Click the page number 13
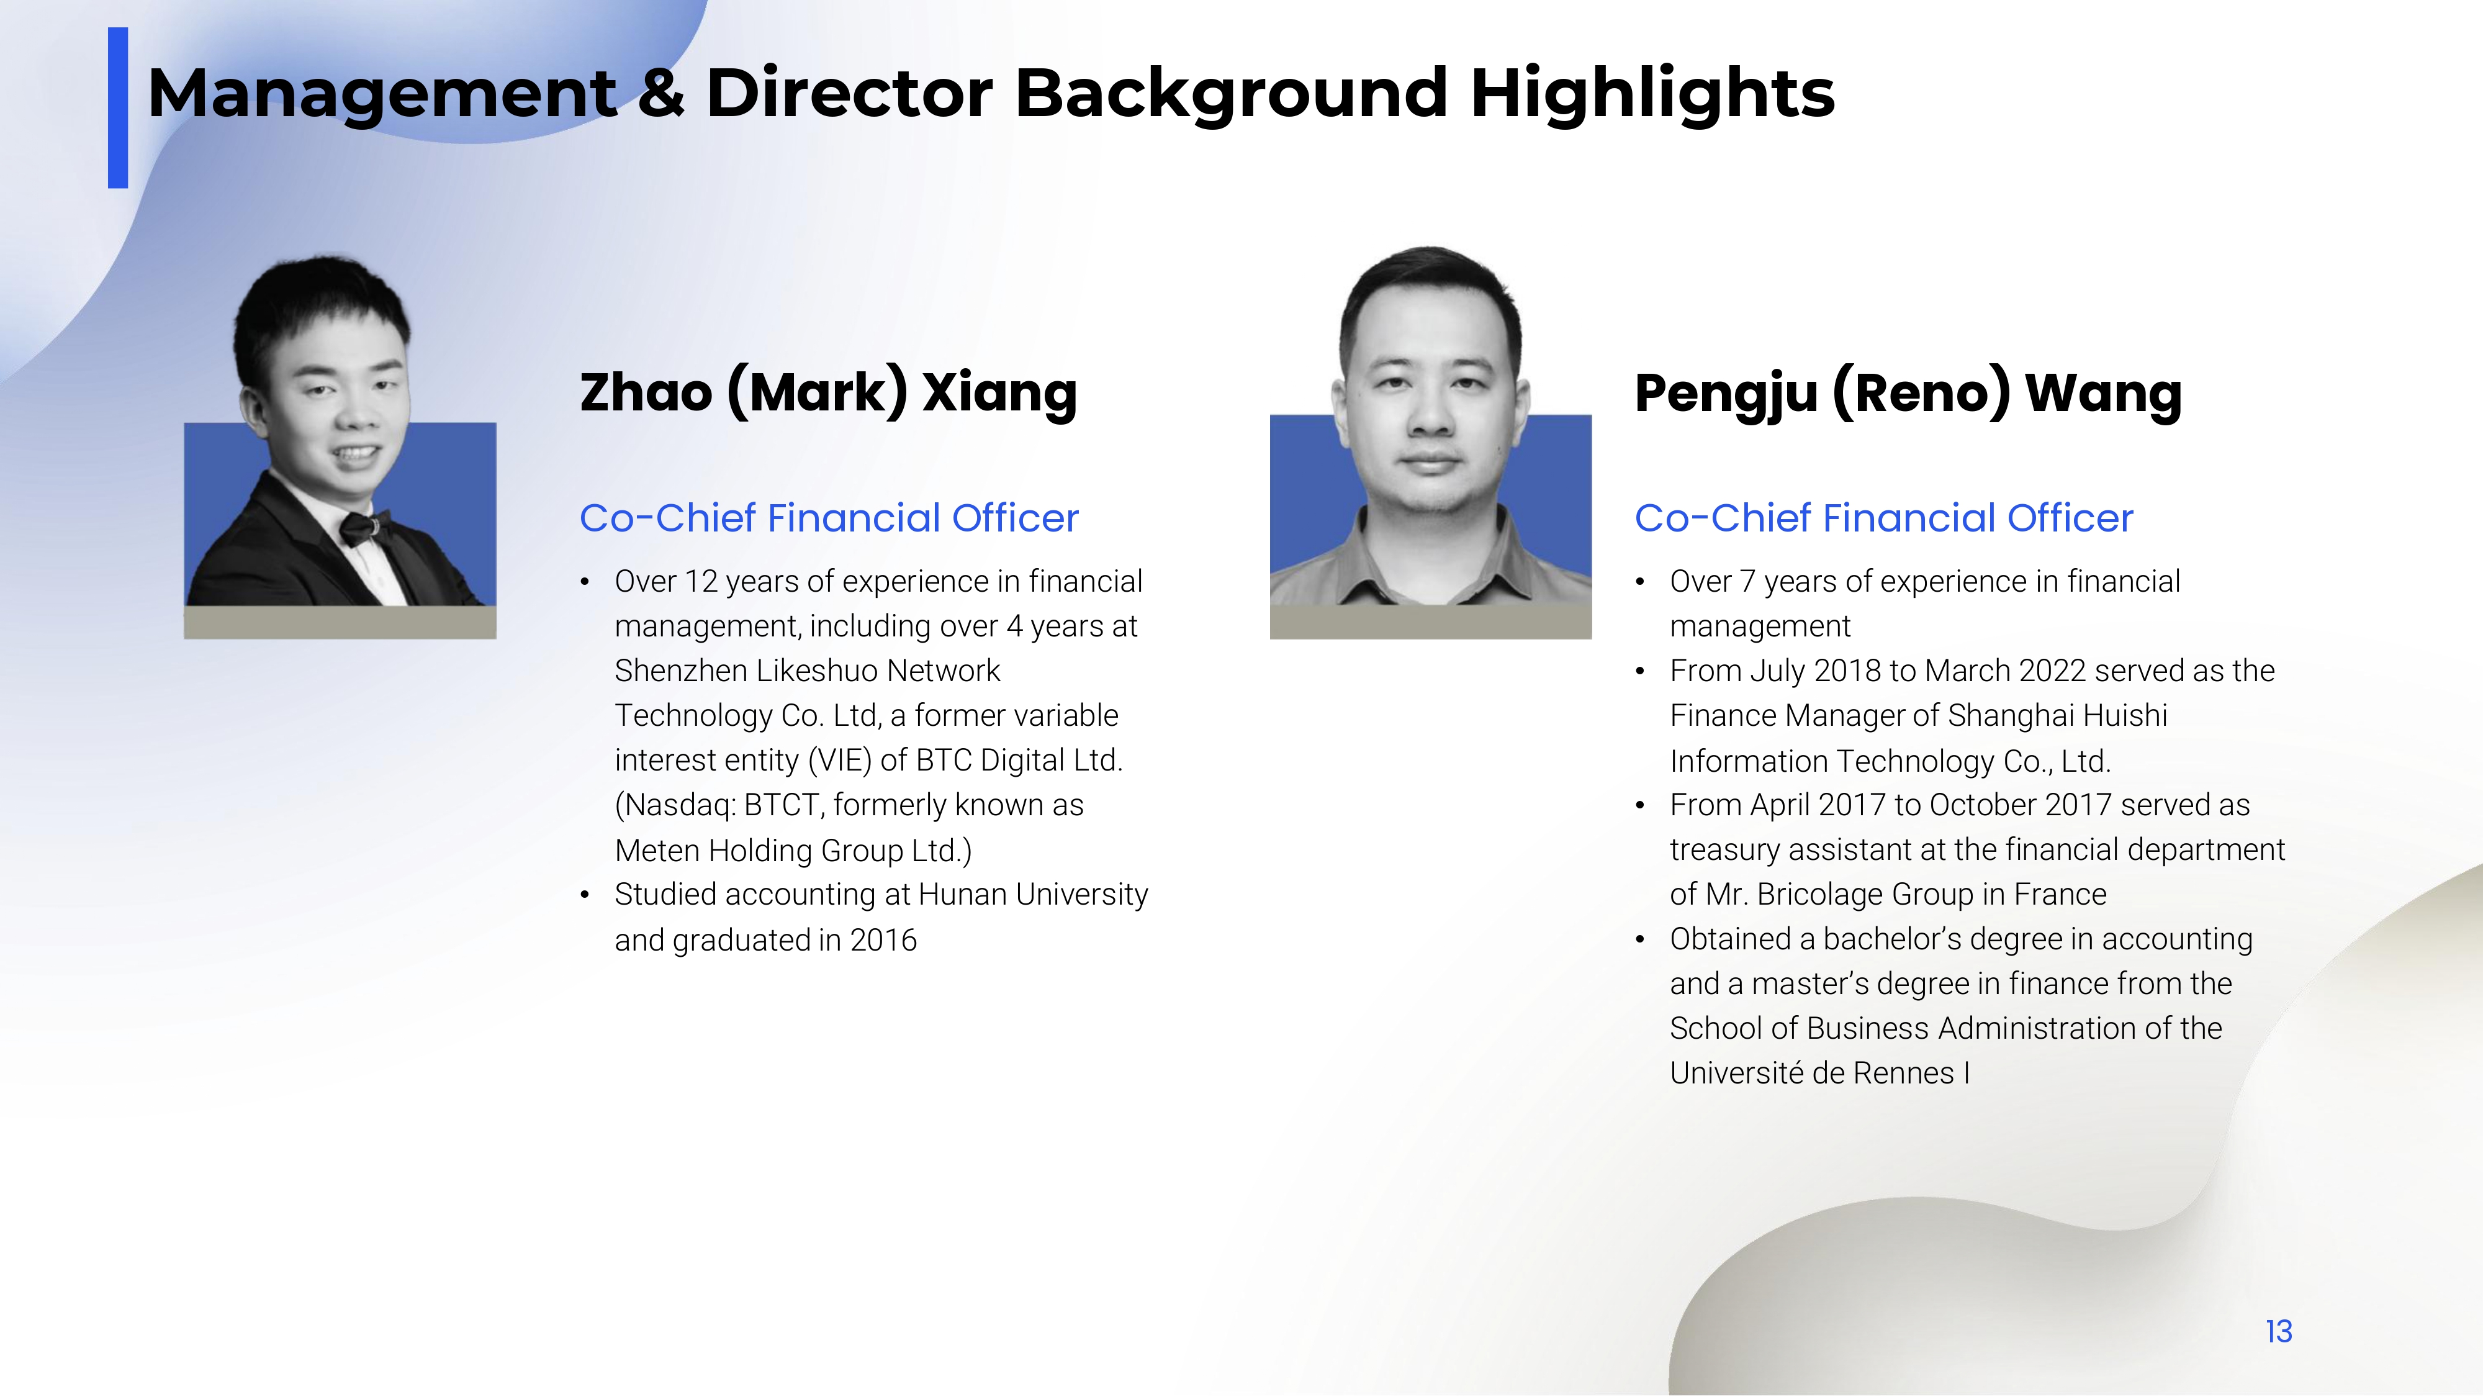pyautogui.click(x=2279, y=1331)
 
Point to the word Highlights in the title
pyautogui.click(x=1652, y=94)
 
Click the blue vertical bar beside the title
pyautogui.click(x=117, y=108)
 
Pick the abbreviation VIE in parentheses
pyautogui.click(x=840, y=761)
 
